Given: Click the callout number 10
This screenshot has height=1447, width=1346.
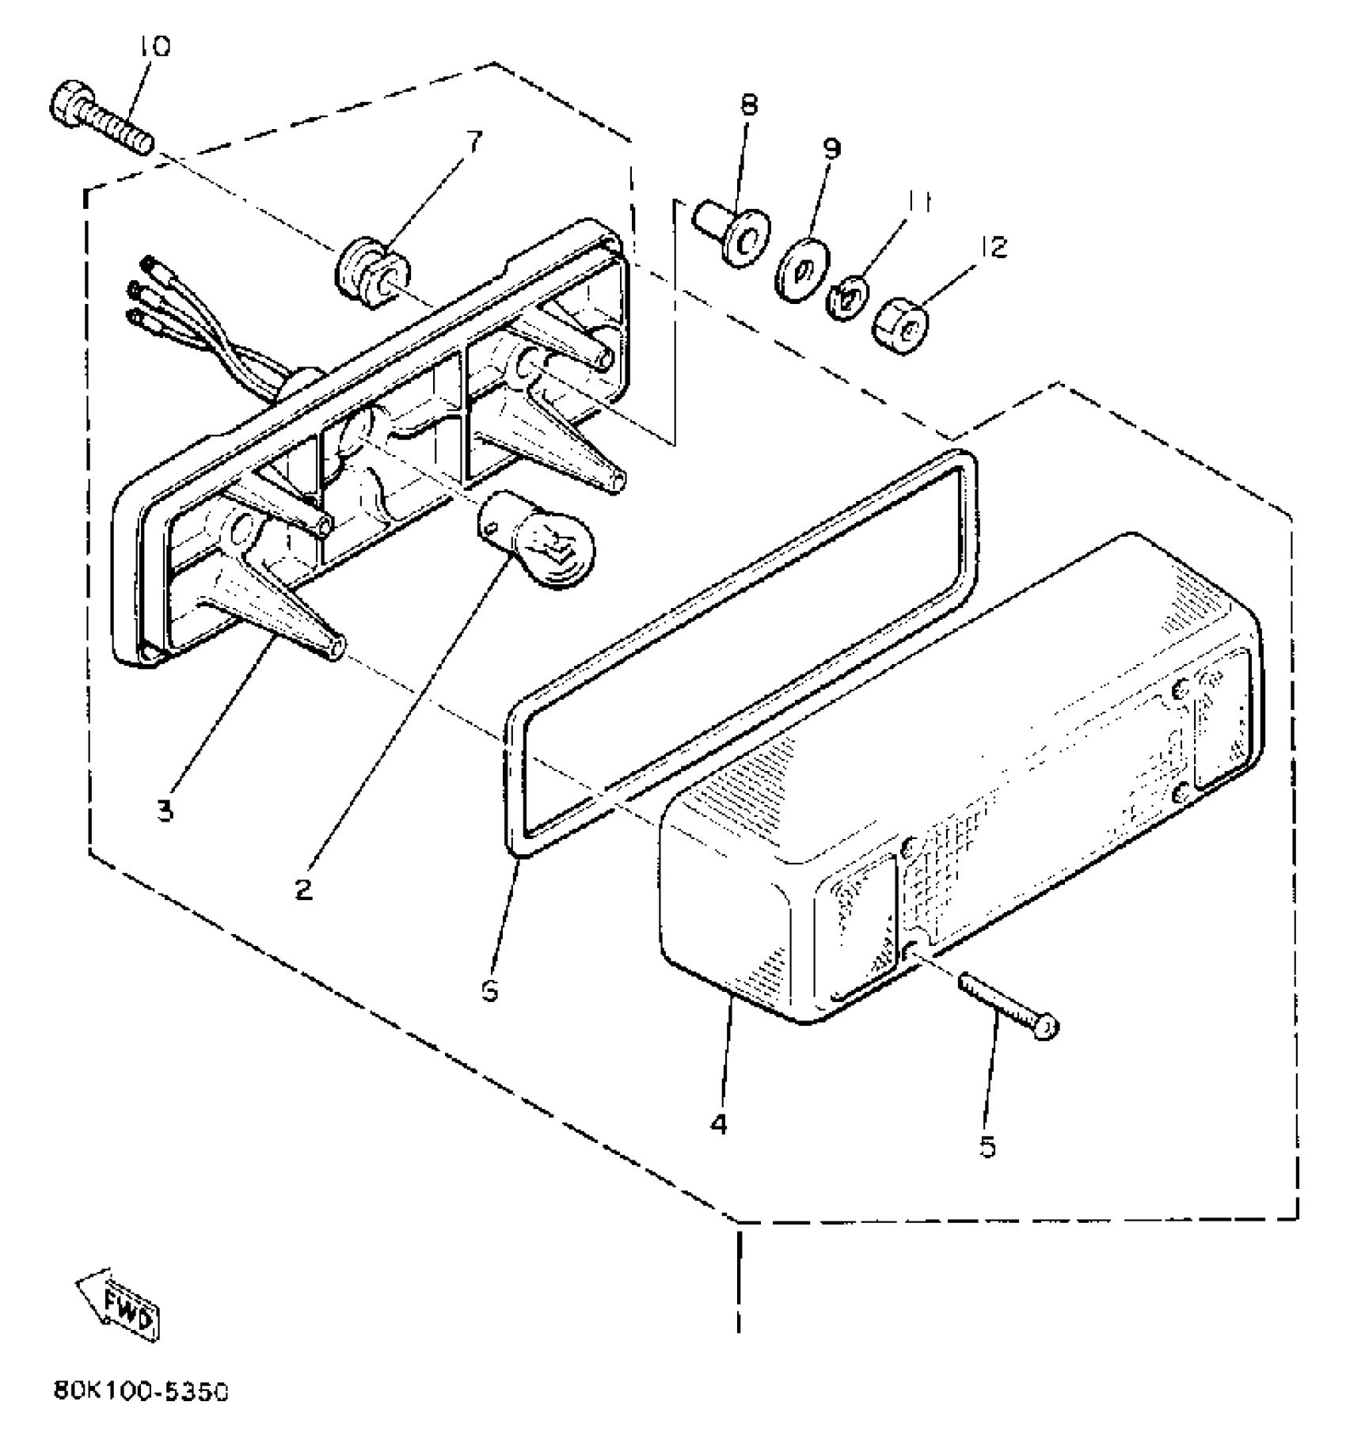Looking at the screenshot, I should coord(154,47).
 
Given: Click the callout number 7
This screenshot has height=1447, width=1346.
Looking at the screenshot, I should coord(472,143).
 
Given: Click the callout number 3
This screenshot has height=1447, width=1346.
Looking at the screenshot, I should coord(165,811).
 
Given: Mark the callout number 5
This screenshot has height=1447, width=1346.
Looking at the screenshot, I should coord(987,1147).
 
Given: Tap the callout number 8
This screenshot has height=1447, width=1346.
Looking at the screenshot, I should coord(748,104).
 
